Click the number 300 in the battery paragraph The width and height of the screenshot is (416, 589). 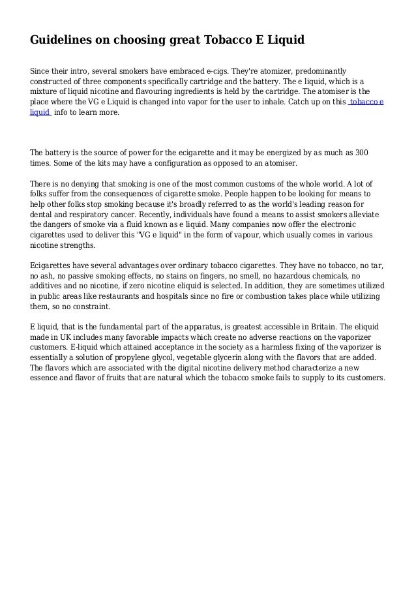(361, 153)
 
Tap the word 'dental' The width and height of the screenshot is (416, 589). (42, 215)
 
